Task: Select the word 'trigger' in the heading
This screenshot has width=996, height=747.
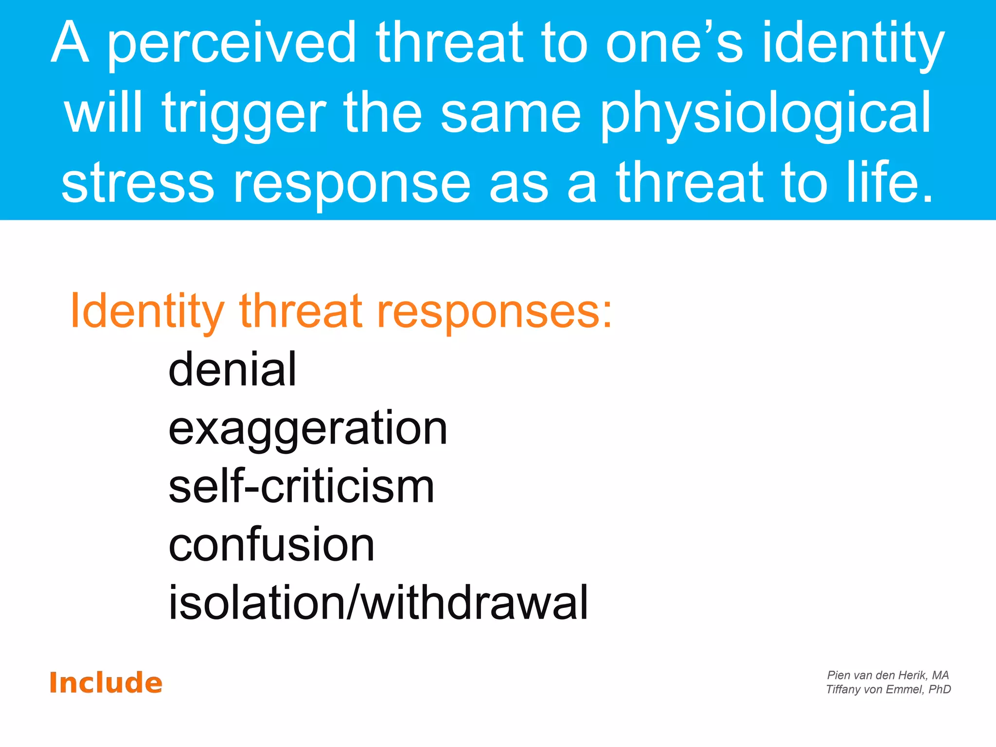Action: (244, 115)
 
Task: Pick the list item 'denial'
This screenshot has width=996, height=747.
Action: (232, 370)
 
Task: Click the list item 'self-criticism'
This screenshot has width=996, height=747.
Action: (301, 487)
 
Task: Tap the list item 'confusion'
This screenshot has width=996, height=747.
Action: (271, 545)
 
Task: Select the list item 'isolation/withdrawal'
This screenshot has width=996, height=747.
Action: (378, 603)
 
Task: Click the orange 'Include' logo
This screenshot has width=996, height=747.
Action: (106, 683)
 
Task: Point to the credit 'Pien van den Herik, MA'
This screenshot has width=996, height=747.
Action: (888, 675)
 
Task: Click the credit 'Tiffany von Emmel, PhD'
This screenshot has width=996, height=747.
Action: (888, 689)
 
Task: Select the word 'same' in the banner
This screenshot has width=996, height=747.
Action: (511, 115)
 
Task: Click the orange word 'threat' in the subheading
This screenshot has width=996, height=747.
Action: (301, 311)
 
